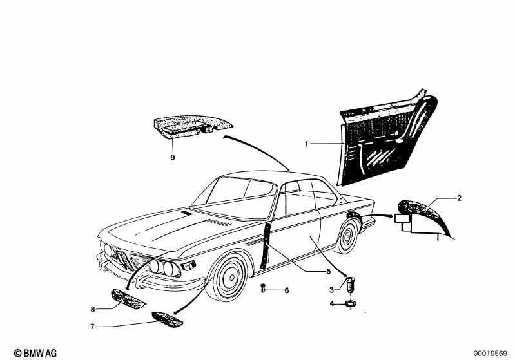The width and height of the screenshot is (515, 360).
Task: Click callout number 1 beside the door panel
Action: click(x=307, y=144)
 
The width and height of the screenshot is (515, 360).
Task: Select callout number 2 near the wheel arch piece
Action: click(x=459, y=198)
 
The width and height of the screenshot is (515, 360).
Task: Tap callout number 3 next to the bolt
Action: click(x=332, y=290)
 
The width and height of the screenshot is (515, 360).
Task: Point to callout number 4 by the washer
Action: click(x=332, y=304)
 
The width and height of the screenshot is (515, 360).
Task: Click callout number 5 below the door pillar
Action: click(x=329, y=271)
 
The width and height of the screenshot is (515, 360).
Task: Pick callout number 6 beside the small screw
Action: click(x=287, y=290)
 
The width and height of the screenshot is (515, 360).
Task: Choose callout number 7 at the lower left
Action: click(x=93, y=327)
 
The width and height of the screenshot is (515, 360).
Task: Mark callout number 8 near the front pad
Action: click(x=93, y=309)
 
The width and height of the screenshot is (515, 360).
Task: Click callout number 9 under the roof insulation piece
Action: click(x=173, y=158)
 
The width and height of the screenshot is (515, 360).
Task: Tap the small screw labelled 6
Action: click(x=263, y=289)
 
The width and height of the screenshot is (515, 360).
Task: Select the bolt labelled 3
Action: click(x=351, y=284)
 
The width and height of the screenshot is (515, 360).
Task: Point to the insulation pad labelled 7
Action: click(x=167, y=319)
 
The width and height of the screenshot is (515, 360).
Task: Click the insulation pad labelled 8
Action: click(x=128, y=299)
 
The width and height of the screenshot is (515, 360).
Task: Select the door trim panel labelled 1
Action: click(x=387, y=138)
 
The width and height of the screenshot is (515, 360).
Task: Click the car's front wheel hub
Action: click(x=232, y=278)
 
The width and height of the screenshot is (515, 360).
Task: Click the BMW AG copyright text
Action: click(x=35, y=353)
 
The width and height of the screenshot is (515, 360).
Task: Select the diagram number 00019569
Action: click(x=490, y=354)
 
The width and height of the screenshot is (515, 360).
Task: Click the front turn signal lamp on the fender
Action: click(x=189, y=265)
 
